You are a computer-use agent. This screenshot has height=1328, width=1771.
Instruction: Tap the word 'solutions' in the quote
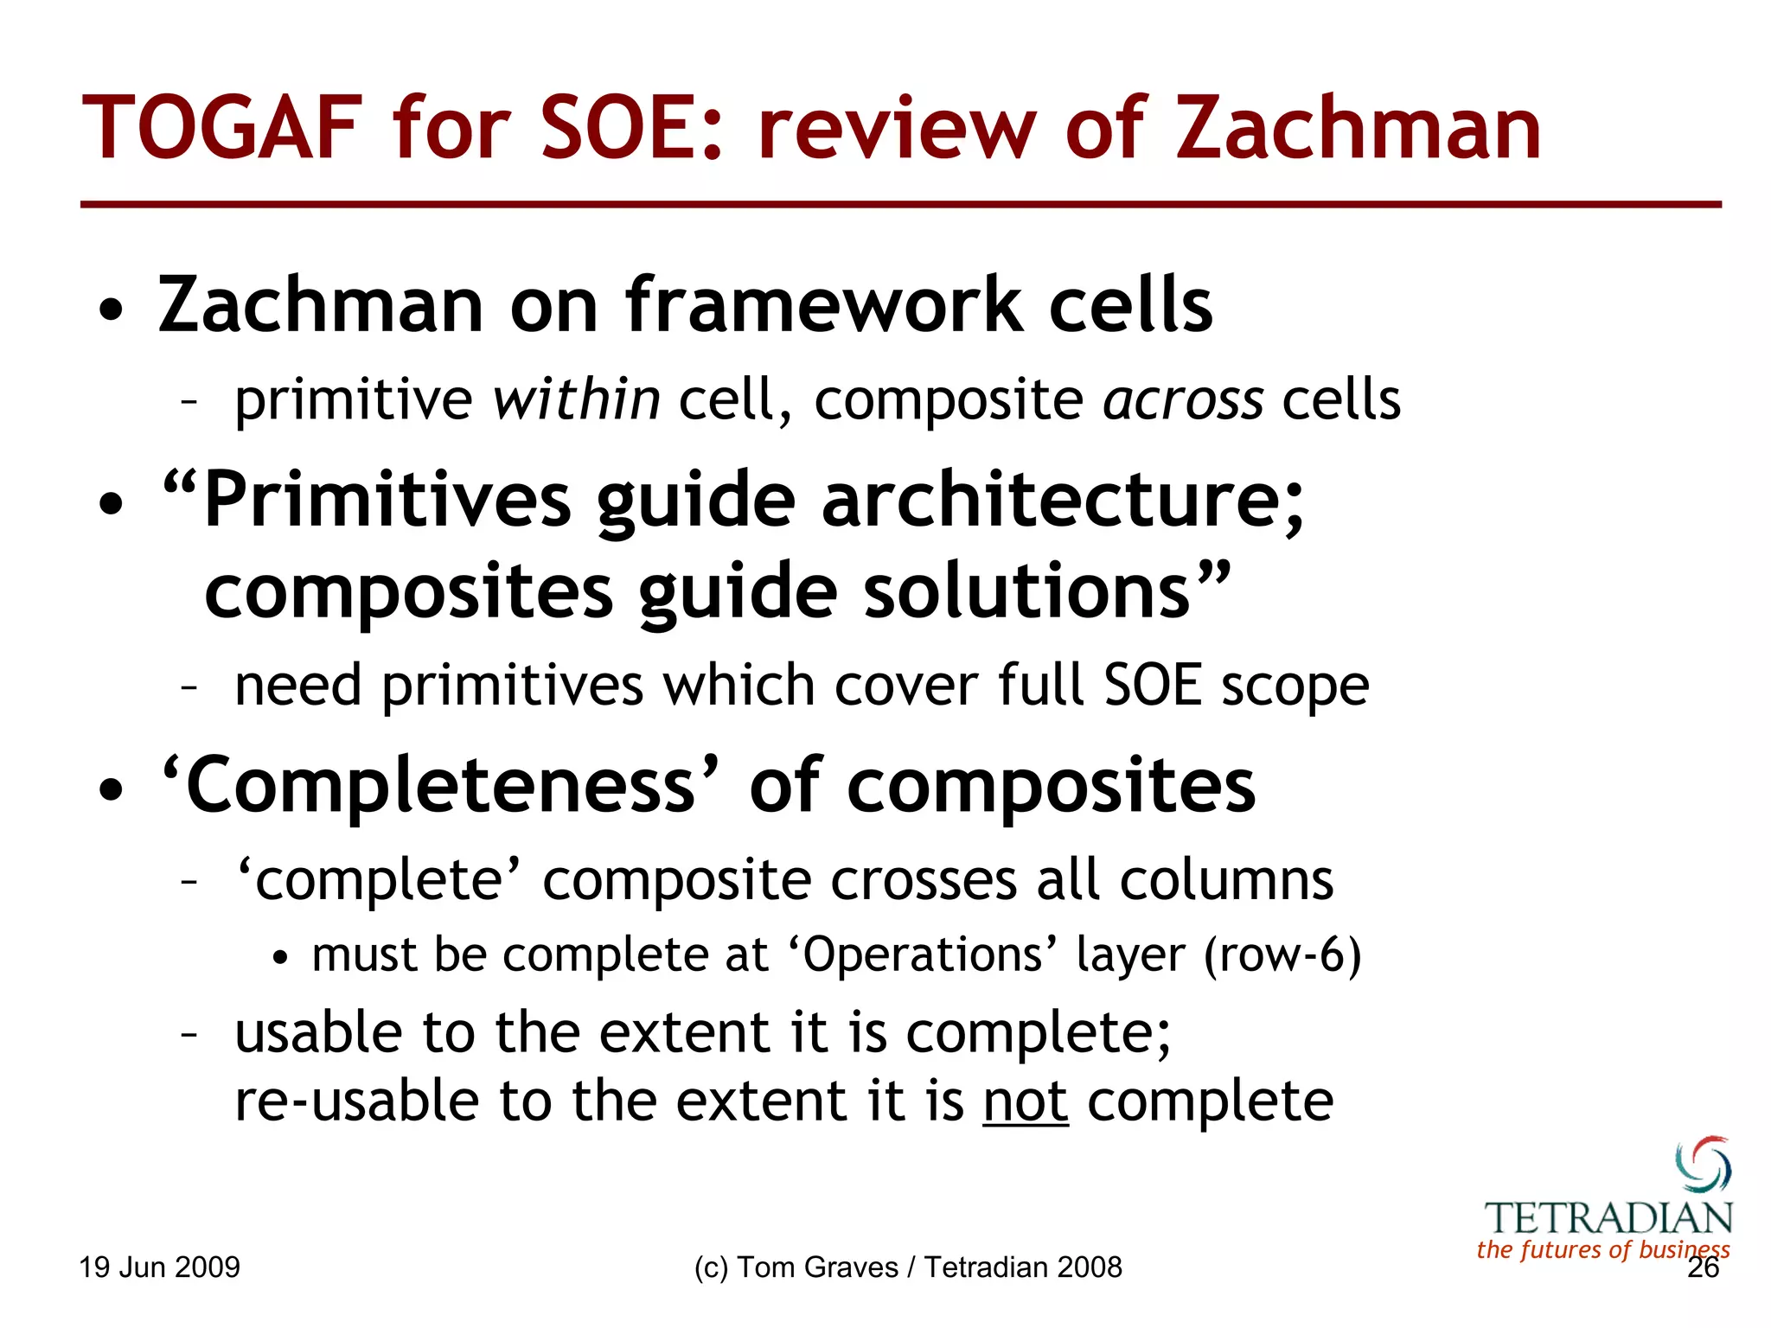[1027, 591]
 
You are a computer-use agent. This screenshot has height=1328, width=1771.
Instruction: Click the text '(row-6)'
[1283, 955]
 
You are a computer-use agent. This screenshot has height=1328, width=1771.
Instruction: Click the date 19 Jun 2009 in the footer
[159, 1267]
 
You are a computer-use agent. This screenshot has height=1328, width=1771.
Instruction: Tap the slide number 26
[1703, 1267]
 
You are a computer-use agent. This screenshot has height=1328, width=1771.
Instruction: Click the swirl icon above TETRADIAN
[1703, 1163]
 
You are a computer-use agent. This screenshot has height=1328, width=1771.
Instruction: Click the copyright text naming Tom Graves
[907, 1267]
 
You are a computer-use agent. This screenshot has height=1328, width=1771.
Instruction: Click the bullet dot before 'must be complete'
[279, 958]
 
